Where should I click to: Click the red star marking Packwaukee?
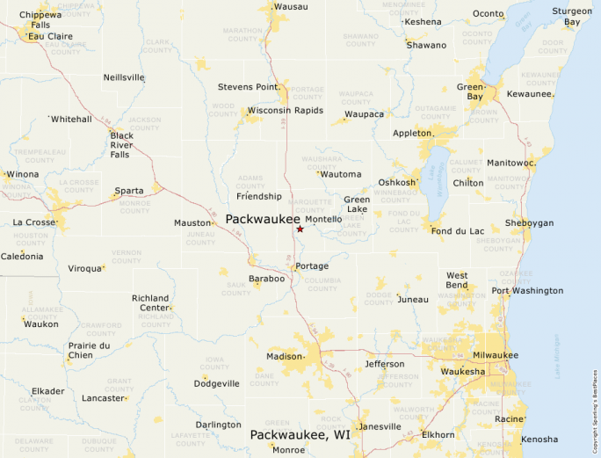pos(300,229)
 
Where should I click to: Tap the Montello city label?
pos(323,219)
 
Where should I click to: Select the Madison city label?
pos(285,356)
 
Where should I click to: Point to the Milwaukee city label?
pos(495,355)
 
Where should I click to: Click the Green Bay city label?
pos(470,92)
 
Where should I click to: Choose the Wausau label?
pos(291,7)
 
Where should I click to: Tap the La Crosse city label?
pos(33,222)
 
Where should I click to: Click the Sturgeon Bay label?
pos(571,17)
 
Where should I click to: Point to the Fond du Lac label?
pos(453,231)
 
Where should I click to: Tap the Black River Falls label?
pos(120,145)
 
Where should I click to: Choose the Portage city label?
pos(312,266)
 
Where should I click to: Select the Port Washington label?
pos(527,291)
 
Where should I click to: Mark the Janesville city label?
pos(380,427)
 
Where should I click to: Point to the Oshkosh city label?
pos(396,183)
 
